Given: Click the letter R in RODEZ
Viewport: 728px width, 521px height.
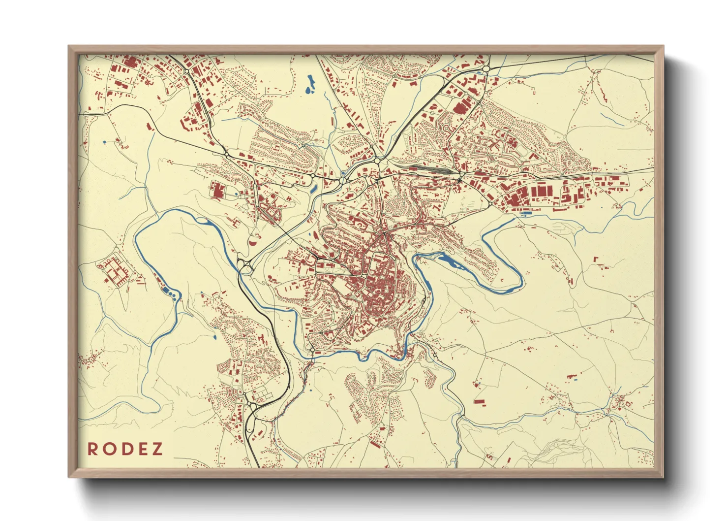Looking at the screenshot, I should [x=92, y=449].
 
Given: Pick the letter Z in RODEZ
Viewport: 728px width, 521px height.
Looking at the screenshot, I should [x=157, y=449].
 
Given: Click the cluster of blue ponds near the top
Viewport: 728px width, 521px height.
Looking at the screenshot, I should [x=310, y=85].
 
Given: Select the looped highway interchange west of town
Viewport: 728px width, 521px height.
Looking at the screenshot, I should [x=244, y=266].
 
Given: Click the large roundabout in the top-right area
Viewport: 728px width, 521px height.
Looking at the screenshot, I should [x=486, y=69].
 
